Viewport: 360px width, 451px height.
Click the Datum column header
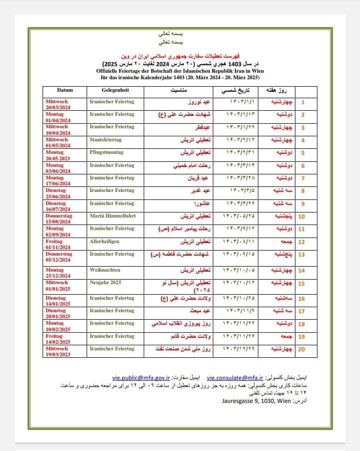click(65, 90)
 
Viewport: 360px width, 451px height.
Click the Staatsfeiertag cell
click(106, 139)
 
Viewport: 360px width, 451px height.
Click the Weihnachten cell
click(105, 270)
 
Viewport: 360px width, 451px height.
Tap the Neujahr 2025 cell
click(106, 282)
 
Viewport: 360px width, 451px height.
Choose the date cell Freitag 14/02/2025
click(57, 339)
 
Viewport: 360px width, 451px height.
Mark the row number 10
click(301, 217)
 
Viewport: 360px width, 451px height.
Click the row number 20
click(301, 349)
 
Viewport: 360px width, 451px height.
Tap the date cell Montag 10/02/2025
click(58, 326)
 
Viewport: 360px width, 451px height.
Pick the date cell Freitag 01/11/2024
click(57, 244)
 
